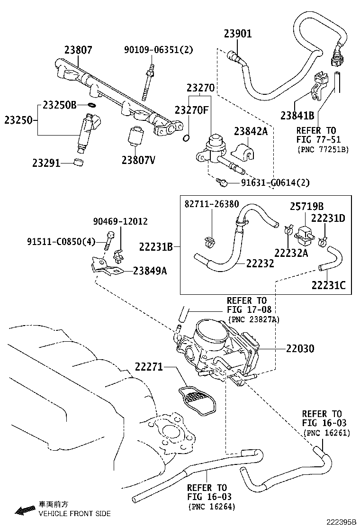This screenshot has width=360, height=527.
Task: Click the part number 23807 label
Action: (x=78, y=50)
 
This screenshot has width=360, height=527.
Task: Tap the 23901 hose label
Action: (x=238, y=34)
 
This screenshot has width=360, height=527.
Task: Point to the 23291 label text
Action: (x=46, y=164)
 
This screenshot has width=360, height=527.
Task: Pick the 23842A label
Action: (x=251, y=131)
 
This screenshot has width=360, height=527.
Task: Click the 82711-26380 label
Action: (x=211, y=204)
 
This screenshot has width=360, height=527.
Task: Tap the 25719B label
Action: (x=306, y=207)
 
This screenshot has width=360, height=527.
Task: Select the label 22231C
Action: (x=328, y=285)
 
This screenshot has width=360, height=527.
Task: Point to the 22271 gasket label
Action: (x=149, y=366)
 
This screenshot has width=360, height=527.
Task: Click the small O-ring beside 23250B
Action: (x=92, y=105)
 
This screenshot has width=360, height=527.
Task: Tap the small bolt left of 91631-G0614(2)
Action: (x=222, y=182)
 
